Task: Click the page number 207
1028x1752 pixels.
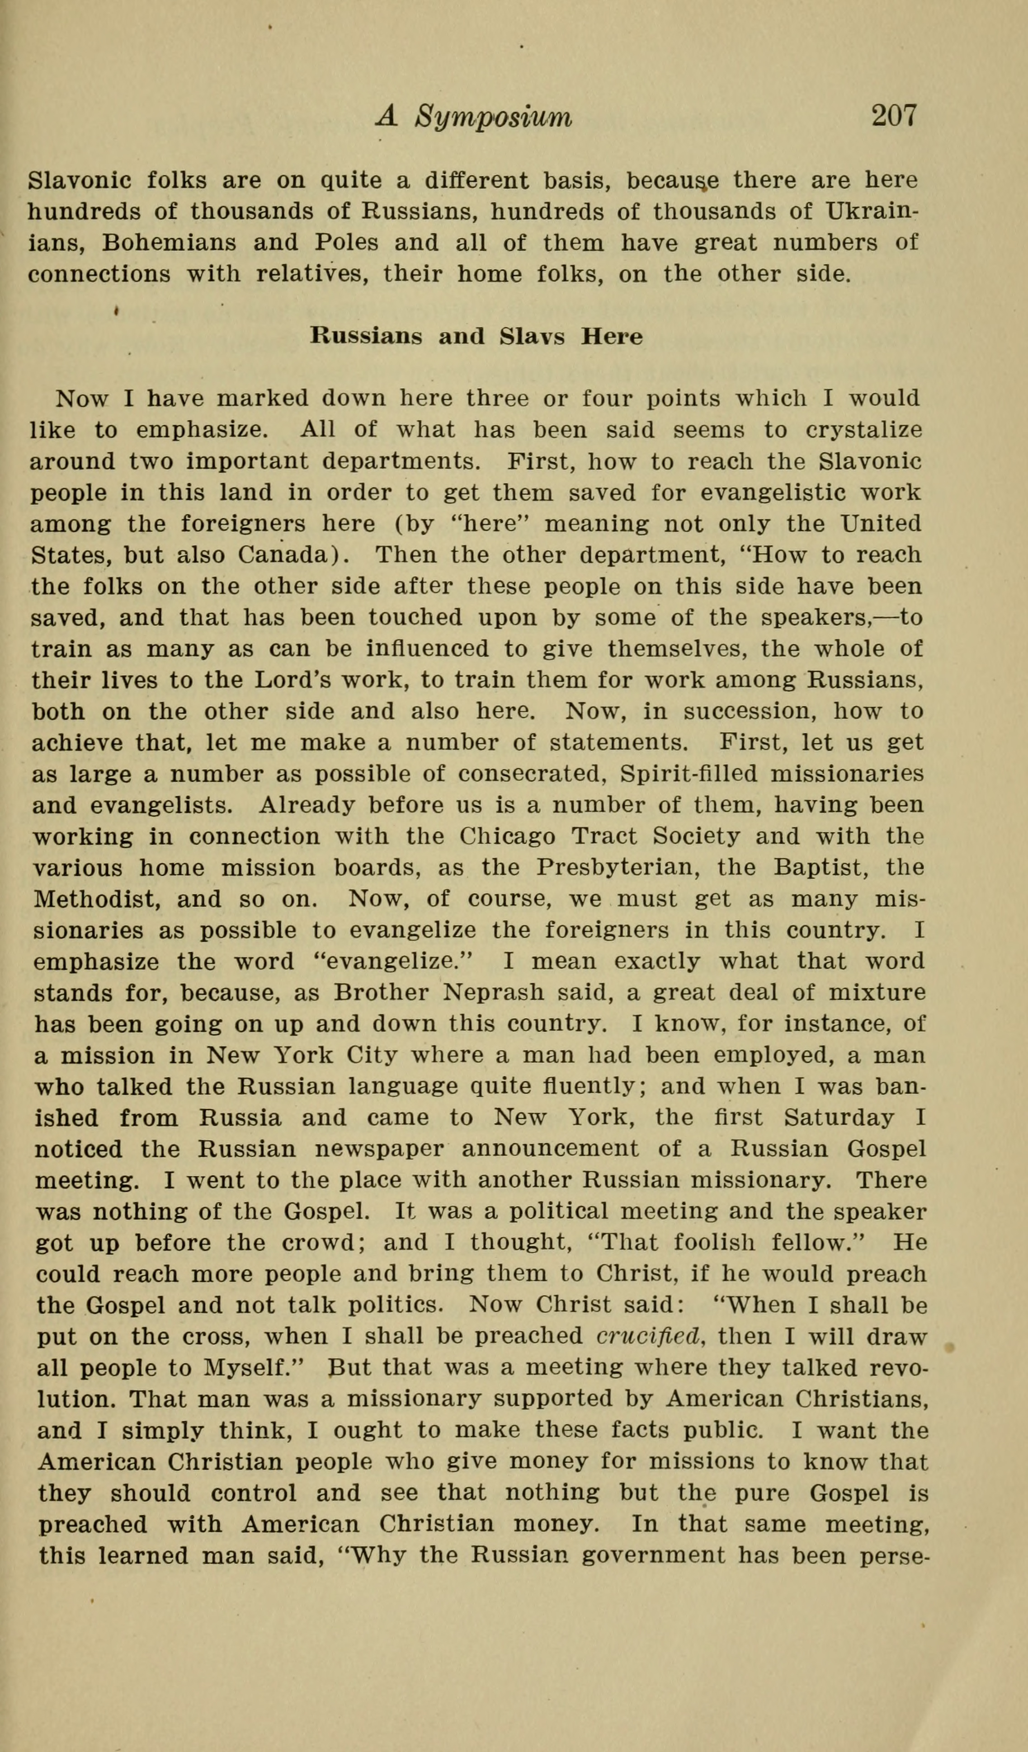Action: pyautogui.click(x=895, y=116)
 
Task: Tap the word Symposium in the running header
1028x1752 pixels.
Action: pyautogui.click(x=493, y=117)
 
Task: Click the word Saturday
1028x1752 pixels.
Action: pyautogui.click(x=839, y=1118)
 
